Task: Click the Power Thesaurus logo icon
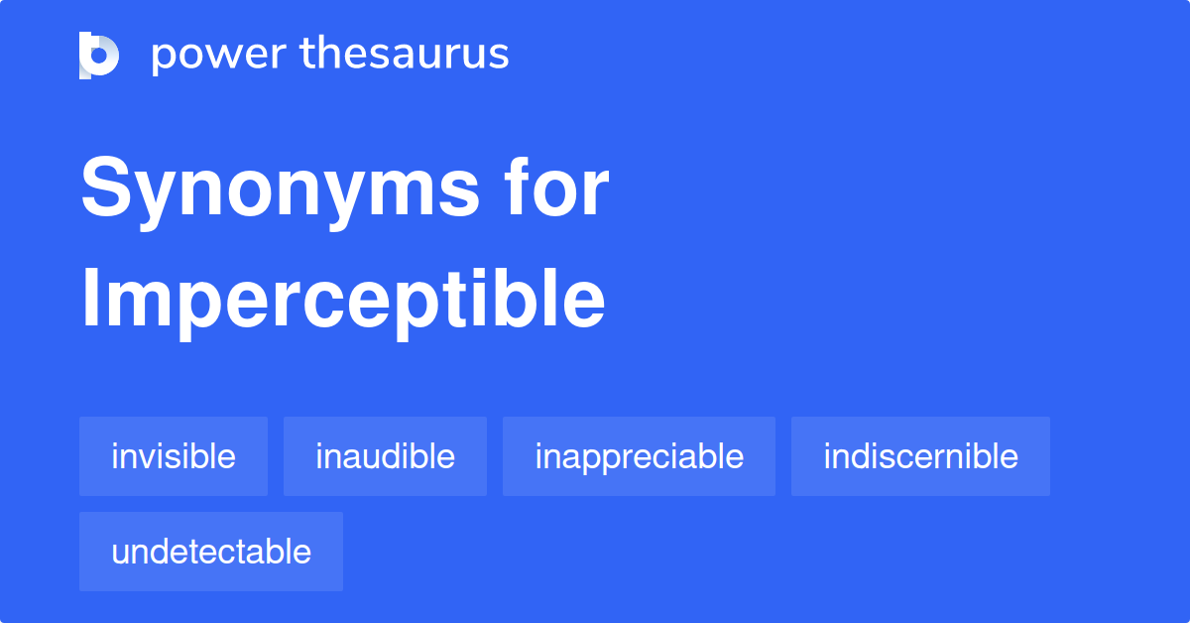[99, 55]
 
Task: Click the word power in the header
[216, 56]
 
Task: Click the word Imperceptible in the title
[342, 300]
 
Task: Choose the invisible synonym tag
[174, 456]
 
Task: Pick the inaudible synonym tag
[385, 456]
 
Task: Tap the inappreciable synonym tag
[639, 456]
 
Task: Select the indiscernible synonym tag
[920, 456]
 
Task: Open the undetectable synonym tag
[211, 552]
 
